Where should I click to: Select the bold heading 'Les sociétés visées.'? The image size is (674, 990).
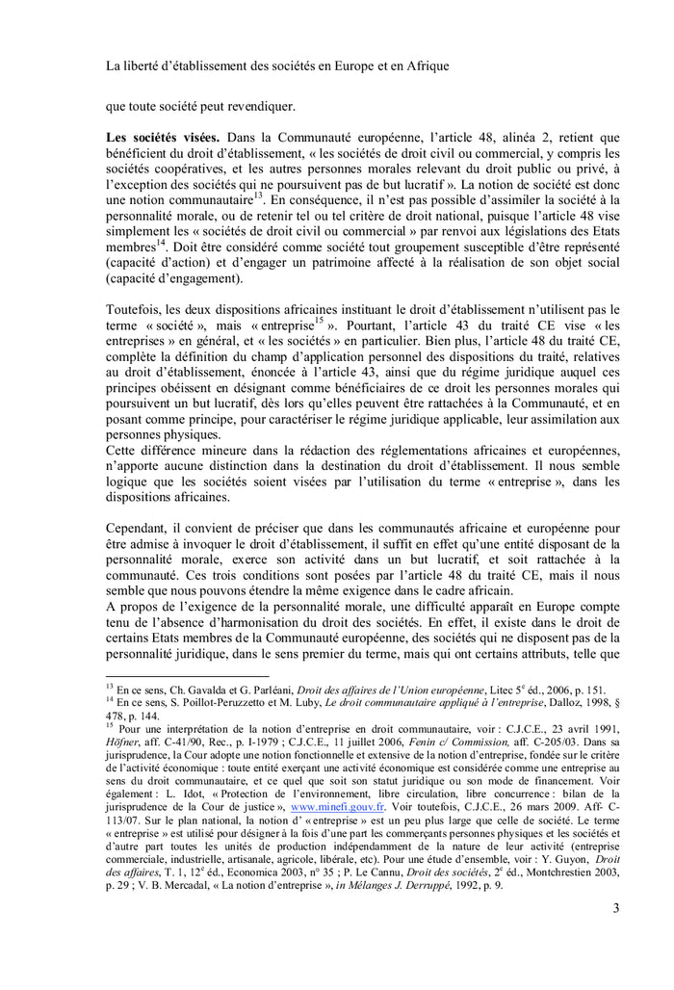[x=160, y=138]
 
